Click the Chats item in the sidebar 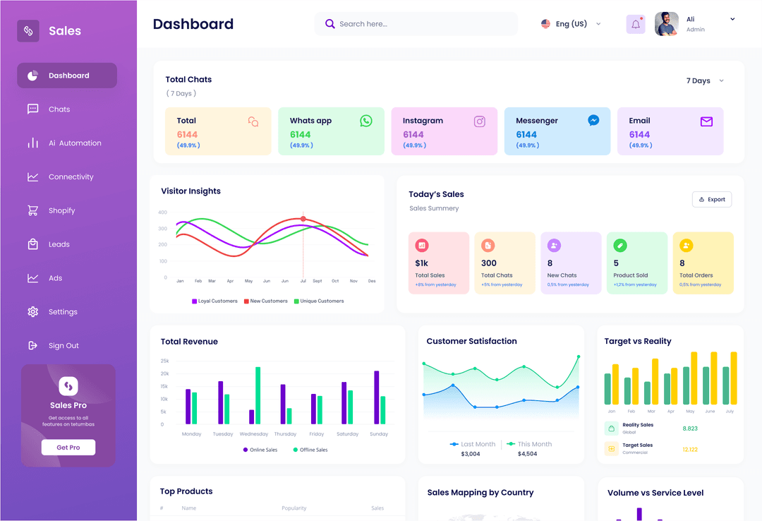point(59,109)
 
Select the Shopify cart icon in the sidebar point(32,210)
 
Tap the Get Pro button point(68,448)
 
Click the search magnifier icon point(329,24)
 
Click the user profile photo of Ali point(666,24)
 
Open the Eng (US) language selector point(571,24)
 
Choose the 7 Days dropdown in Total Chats point(705,81)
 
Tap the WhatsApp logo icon point(365,121)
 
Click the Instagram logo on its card point(480,121)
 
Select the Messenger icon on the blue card point(593,121)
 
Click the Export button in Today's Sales point(712,200)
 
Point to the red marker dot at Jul point(303,219)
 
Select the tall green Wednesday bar point(258,395)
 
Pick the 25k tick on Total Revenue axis point(165,361)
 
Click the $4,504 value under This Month point(527,454)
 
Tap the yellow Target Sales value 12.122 point(690,449)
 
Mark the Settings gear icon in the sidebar point(32,312)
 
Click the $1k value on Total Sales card point(422,263)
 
